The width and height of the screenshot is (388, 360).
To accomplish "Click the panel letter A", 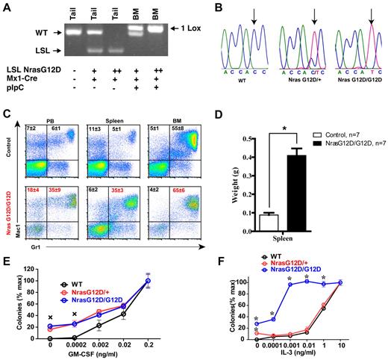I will point(5,7).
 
